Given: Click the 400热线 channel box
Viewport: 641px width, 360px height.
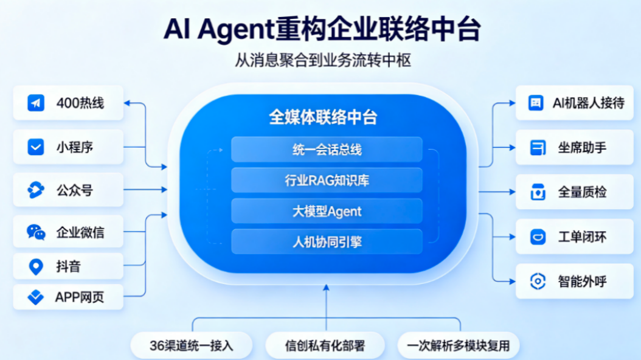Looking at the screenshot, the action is [x=68, y=103].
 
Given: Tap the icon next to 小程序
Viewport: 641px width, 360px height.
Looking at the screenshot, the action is [x=35, y=147].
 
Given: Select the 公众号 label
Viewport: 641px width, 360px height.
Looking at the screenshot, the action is [x=74, y=190].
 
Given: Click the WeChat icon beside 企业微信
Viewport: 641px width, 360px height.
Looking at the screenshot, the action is [x=36, y=232].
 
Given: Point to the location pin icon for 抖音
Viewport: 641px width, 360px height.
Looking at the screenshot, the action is [x=36, y=267].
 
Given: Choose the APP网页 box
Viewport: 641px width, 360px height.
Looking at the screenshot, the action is [x=68, y=297].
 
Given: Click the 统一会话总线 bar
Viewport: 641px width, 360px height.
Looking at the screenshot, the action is [x=327, y=150].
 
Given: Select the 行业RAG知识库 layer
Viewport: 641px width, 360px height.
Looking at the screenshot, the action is [x=327, y=180].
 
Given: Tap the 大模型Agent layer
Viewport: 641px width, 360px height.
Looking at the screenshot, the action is [x=327, y=211].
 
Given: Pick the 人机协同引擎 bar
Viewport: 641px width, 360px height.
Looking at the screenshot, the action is [x=327, y=242].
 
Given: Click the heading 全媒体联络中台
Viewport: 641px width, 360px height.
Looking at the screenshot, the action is [x=323, y=117].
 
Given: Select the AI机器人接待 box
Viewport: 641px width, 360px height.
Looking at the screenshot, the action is [x=574, y=103].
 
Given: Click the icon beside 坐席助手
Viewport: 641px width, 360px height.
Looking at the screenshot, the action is [x=538, y=148].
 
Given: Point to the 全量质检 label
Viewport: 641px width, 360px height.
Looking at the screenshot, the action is [x=582, y=192].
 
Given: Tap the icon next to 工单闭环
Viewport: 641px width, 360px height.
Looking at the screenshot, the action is [x=538, y=237].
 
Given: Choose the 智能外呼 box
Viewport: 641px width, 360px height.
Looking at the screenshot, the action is [x=574, y=281].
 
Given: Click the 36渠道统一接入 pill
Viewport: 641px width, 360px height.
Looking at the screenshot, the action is [x=192, y=345].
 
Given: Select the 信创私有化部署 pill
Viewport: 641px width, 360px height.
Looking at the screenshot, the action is [x=325, y=345].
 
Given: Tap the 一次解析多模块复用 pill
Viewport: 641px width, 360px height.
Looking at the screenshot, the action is [x=459, y=345].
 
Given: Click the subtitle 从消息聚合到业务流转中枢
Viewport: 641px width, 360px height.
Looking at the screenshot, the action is [x=323, y=60].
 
